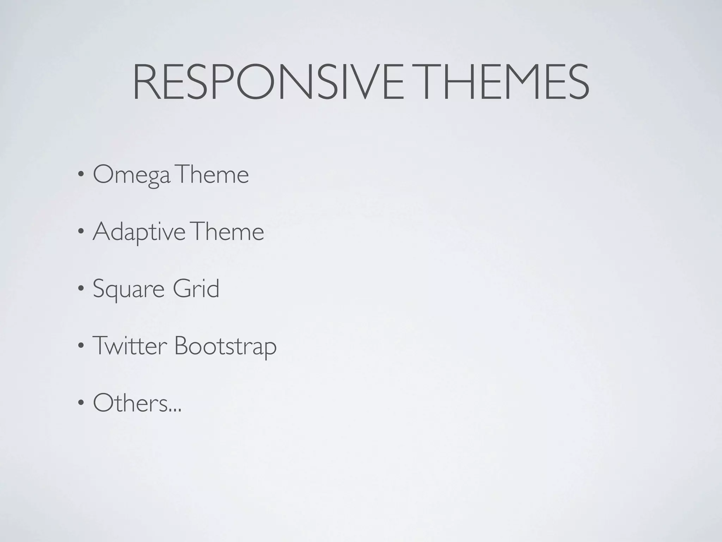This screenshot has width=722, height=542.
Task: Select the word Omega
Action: (x=132, y=175)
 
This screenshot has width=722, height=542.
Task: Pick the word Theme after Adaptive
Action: (x=228, y=232)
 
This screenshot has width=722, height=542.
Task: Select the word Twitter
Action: (x=129, y=346)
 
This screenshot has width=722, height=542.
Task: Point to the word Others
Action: (x=130, y=403)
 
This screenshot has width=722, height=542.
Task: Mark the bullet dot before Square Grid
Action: (x=81, y=289)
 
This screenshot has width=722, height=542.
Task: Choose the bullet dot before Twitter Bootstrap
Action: (x=81, y=346)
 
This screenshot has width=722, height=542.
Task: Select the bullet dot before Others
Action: (x=81, y=403)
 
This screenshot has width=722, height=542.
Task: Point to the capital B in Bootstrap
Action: (x=182, y=346)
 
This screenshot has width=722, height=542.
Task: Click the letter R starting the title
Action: (x=145, y=82)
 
